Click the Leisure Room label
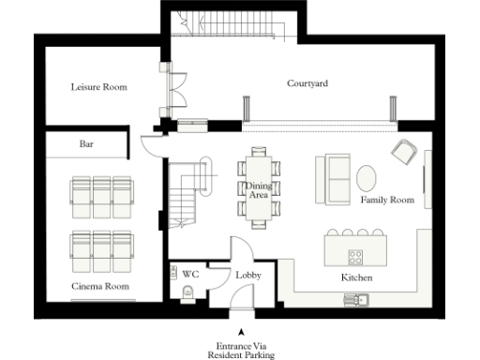pos(98,87)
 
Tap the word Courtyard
pos(307,83)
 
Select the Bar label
pos(85,145)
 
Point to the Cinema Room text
pos(99,285)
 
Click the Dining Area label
pos(258,190)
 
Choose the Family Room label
pos(387,200)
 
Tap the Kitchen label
pos(357,278)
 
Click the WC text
pos(190,275)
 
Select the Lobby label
pos(247,276)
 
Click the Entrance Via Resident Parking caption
pos(241,351)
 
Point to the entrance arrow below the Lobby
pos(241,332)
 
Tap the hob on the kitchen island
pos(357,256)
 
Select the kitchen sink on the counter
pos(357,300)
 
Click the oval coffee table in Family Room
pos(367,176)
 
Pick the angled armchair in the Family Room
pos(404,149)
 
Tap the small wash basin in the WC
pos(176,273)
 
